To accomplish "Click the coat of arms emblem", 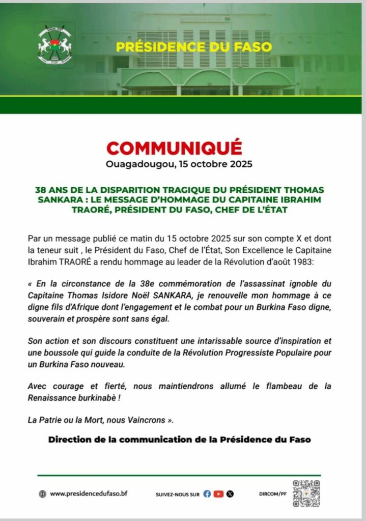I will pyautogui.click(x=55, y=47).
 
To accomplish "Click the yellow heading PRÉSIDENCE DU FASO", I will pyautogui.click(x=194, y=47).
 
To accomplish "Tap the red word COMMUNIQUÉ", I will pyautogui.click(x=174, y=148).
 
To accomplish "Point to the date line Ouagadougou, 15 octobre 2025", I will pyautogui.click(x=179, y=165).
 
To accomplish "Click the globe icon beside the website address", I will pyautogui.click(x=43, y=494).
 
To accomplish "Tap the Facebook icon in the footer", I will pyautogui.click(x=207, y=494).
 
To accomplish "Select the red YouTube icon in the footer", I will pyautogui.click(x=219, y=494).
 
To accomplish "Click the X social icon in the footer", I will pyautogui.click(x=230, y=494).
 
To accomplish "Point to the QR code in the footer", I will pyautogui.click(x=306, y=493).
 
